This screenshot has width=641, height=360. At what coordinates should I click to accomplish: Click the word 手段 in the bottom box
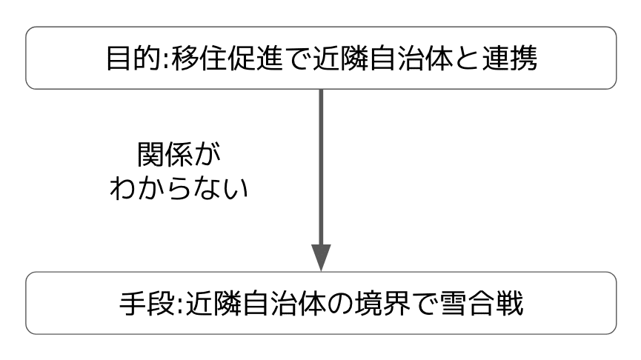(146, 304)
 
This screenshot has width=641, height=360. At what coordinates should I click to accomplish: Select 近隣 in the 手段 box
(208, 304)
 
